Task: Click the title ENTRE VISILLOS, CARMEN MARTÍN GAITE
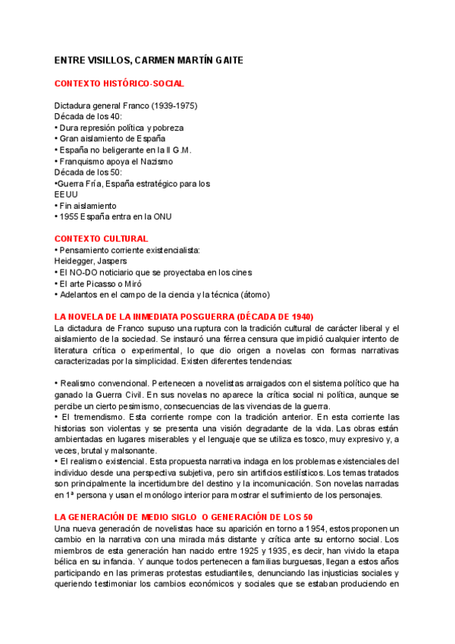pos(149,60)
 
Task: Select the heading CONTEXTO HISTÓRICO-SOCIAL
pos(119,84)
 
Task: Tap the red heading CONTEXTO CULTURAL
pos(101,238)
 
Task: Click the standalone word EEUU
pos(66,194)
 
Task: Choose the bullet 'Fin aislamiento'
pos(87,206)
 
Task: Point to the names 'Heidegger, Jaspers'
pos(90,261)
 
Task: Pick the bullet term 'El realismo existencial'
pos(103,462)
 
